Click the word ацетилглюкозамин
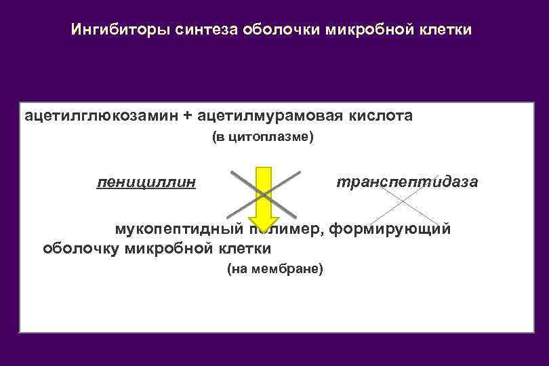101,116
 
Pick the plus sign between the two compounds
187,116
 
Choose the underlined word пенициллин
147,182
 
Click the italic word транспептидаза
407,182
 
